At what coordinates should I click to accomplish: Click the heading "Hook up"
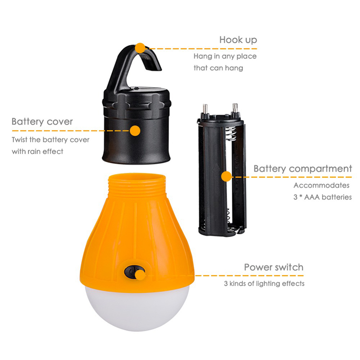click(x=238, y=40)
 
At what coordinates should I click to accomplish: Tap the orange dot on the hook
click(x=140, y=48)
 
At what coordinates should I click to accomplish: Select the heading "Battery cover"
click(x=42, y=122)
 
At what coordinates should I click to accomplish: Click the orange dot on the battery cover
click(x=135, y=131)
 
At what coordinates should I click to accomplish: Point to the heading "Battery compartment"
click(x=302, y=169)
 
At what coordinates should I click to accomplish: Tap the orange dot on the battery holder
click(x=227, y=177)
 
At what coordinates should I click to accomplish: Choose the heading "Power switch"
click(x=274, y=267)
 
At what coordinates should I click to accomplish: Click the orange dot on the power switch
click(x=140, y=275)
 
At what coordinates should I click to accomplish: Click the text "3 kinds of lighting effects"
click(x=264, y=284)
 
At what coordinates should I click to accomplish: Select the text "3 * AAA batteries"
click(x=323, y=197)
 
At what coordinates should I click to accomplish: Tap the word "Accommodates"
click(x=322, y=185)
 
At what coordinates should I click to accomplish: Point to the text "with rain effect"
click(x=37, y=152)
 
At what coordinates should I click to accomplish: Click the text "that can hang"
click(x=218, y=68)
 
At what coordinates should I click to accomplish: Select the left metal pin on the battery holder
click(x=205, y=109)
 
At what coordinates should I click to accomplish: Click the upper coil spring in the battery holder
click(x=231, y=134)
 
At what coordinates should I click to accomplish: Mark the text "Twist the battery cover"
click(x=50, y=140)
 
